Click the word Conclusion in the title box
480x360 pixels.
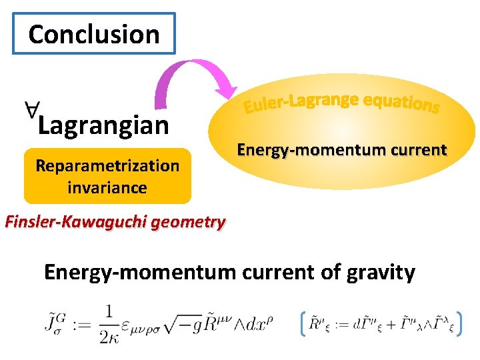[x=94, y=34]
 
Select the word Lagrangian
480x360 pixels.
[x=103, y=125]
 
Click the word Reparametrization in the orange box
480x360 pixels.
[x=107, y=165]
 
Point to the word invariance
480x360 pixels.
[x=107, y=187]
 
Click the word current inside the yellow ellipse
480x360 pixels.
[x=416, y=150]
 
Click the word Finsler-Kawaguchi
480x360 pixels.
[x=76, y=222]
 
